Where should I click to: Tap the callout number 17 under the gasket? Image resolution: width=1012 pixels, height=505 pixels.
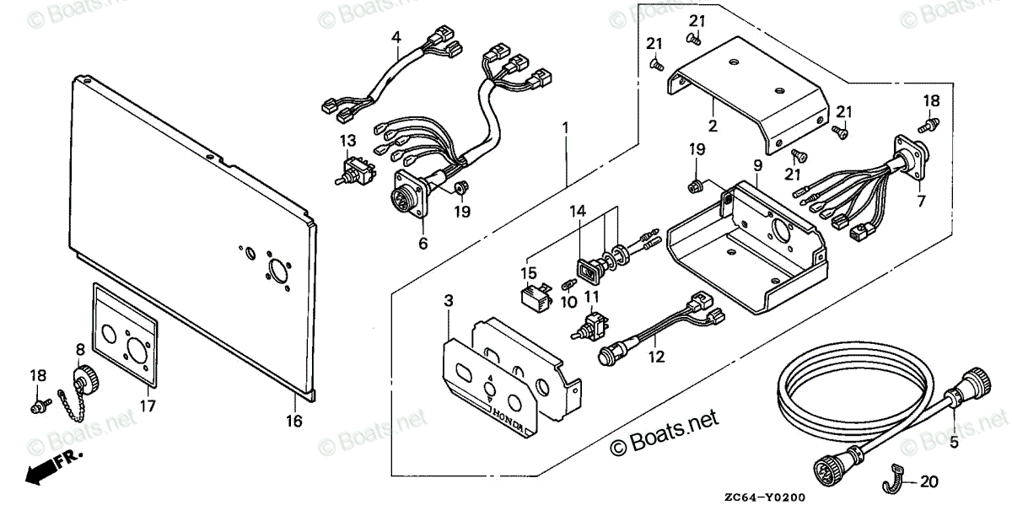148,406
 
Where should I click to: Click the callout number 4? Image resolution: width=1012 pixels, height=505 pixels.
396,36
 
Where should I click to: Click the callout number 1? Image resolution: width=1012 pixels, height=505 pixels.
566,129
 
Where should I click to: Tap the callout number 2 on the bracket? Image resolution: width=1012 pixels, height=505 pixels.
713,127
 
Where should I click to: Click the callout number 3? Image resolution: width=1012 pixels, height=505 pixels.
449,301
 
